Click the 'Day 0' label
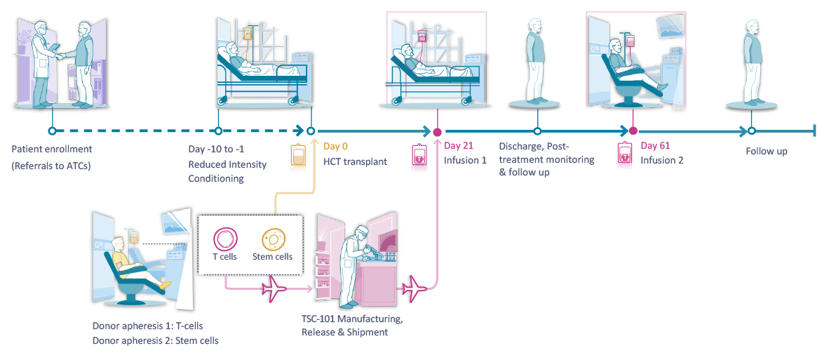pyautogui.click(x=335, y=147)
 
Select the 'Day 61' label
pyautogui.click(x=655, y=146)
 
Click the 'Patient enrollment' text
pyautogui.click(x=52, y=149)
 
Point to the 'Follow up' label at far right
pyautogui.click(x=766, y=151)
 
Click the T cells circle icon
pyautogui.click(x=224, y=239)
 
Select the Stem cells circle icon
pyautogui.click(x=272, y=239)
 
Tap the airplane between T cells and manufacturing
pyautogui.click(x=274, y=287)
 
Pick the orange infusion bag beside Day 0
pyautogui.click(x=298, y=163)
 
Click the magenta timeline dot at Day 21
pyautogui.click(x=437, y=131)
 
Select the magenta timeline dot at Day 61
pyautogui.click(x=633, y=131)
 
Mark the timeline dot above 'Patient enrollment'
pyautogui.click(x=51, y=131)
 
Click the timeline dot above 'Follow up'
pyautogui.click(x=751, y=131)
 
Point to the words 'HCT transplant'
pyautogui.click(x=355, y=161)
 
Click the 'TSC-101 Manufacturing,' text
pyautogui.click(x=351, y=319)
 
